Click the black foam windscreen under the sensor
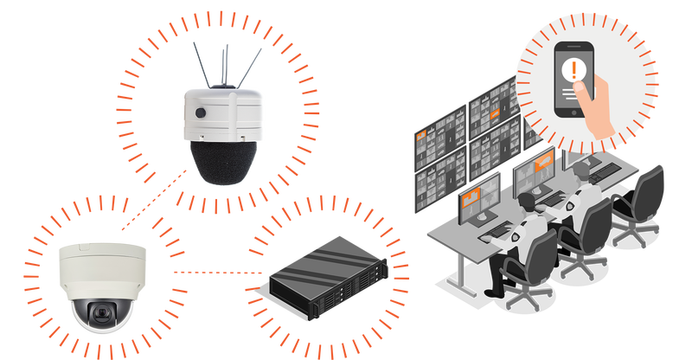[x=222, y=162]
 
